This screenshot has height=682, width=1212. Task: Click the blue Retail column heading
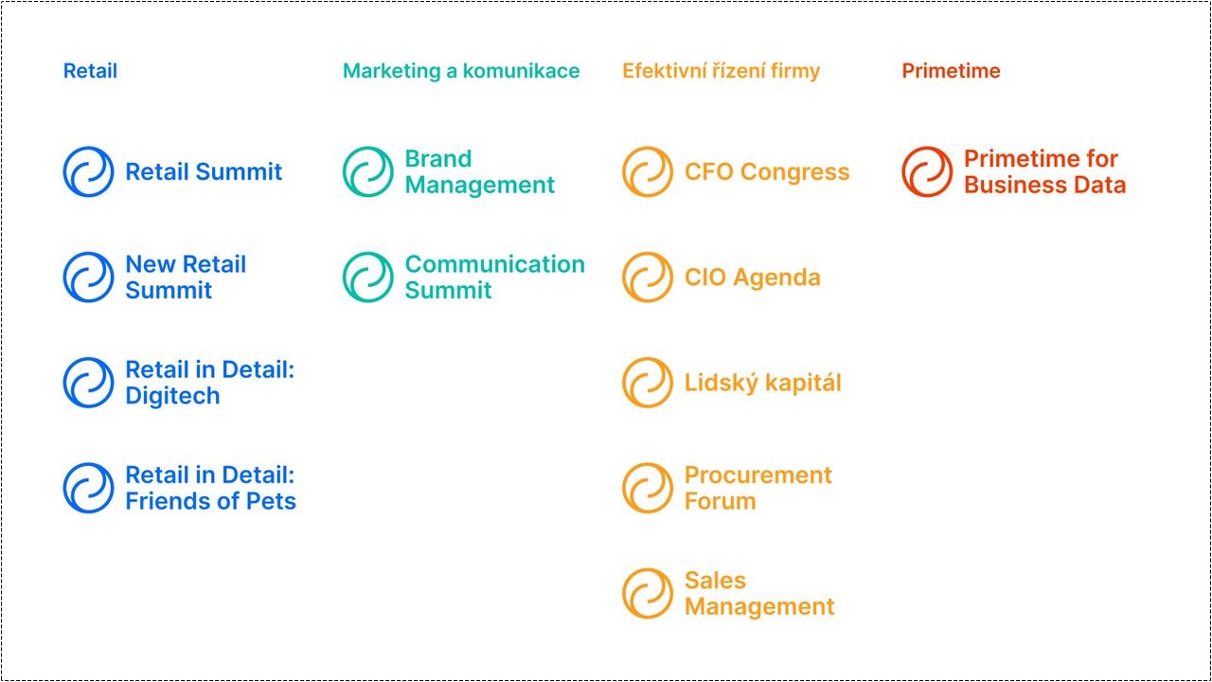point(90,71)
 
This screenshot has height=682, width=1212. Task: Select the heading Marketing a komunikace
point(461,71)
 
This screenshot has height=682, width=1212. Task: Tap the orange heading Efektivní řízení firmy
point(721,71)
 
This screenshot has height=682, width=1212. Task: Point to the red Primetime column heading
point(951,71)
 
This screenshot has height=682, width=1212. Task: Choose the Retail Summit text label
point(204,171)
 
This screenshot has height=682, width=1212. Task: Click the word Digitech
point(172,396)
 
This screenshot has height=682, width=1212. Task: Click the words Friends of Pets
point(210,501)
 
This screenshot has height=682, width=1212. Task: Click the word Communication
point(494,264)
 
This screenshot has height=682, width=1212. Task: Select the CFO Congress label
point(767,171)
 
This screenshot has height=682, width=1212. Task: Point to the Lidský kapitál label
point(763,383)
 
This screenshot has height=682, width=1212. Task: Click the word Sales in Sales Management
point(715,581)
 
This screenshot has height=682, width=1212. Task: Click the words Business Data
point(1044,185)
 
